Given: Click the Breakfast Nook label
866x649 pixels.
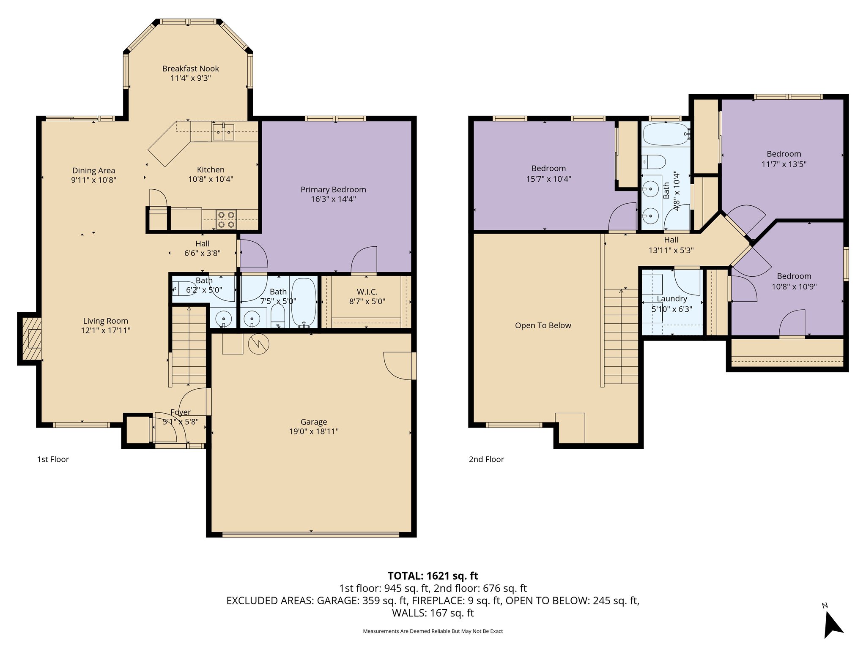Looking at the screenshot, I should [190, 68].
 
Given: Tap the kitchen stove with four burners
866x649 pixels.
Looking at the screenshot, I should [226, 220].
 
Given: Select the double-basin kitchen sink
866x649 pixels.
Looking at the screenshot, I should [223, 132].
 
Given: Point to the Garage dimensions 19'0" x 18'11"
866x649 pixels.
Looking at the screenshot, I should [313, 431].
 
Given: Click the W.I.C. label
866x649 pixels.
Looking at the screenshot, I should [367, 292].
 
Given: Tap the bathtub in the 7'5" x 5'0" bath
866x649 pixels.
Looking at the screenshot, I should [304, 302].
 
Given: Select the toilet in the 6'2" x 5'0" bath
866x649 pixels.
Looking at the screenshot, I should [183, 288].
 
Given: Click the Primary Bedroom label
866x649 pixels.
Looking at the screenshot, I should [333, 189].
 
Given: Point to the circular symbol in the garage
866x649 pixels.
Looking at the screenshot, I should [258, 344].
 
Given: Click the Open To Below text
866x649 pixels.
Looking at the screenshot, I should [543, 325].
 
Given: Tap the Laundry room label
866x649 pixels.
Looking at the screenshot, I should [671, 299].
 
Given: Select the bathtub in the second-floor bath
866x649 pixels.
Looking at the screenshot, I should [666, 134].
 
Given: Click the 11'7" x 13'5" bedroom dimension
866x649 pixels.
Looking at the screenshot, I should [784, 164].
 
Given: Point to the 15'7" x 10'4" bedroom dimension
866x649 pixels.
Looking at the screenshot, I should [548, 179].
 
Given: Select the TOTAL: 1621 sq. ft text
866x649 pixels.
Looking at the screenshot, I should [433, 575].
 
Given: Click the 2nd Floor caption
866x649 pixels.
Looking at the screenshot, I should [486, 459].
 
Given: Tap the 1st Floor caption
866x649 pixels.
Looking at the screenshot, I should [53, 459].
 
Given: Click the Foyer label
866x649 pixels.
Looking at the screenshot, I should [181, 412].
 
